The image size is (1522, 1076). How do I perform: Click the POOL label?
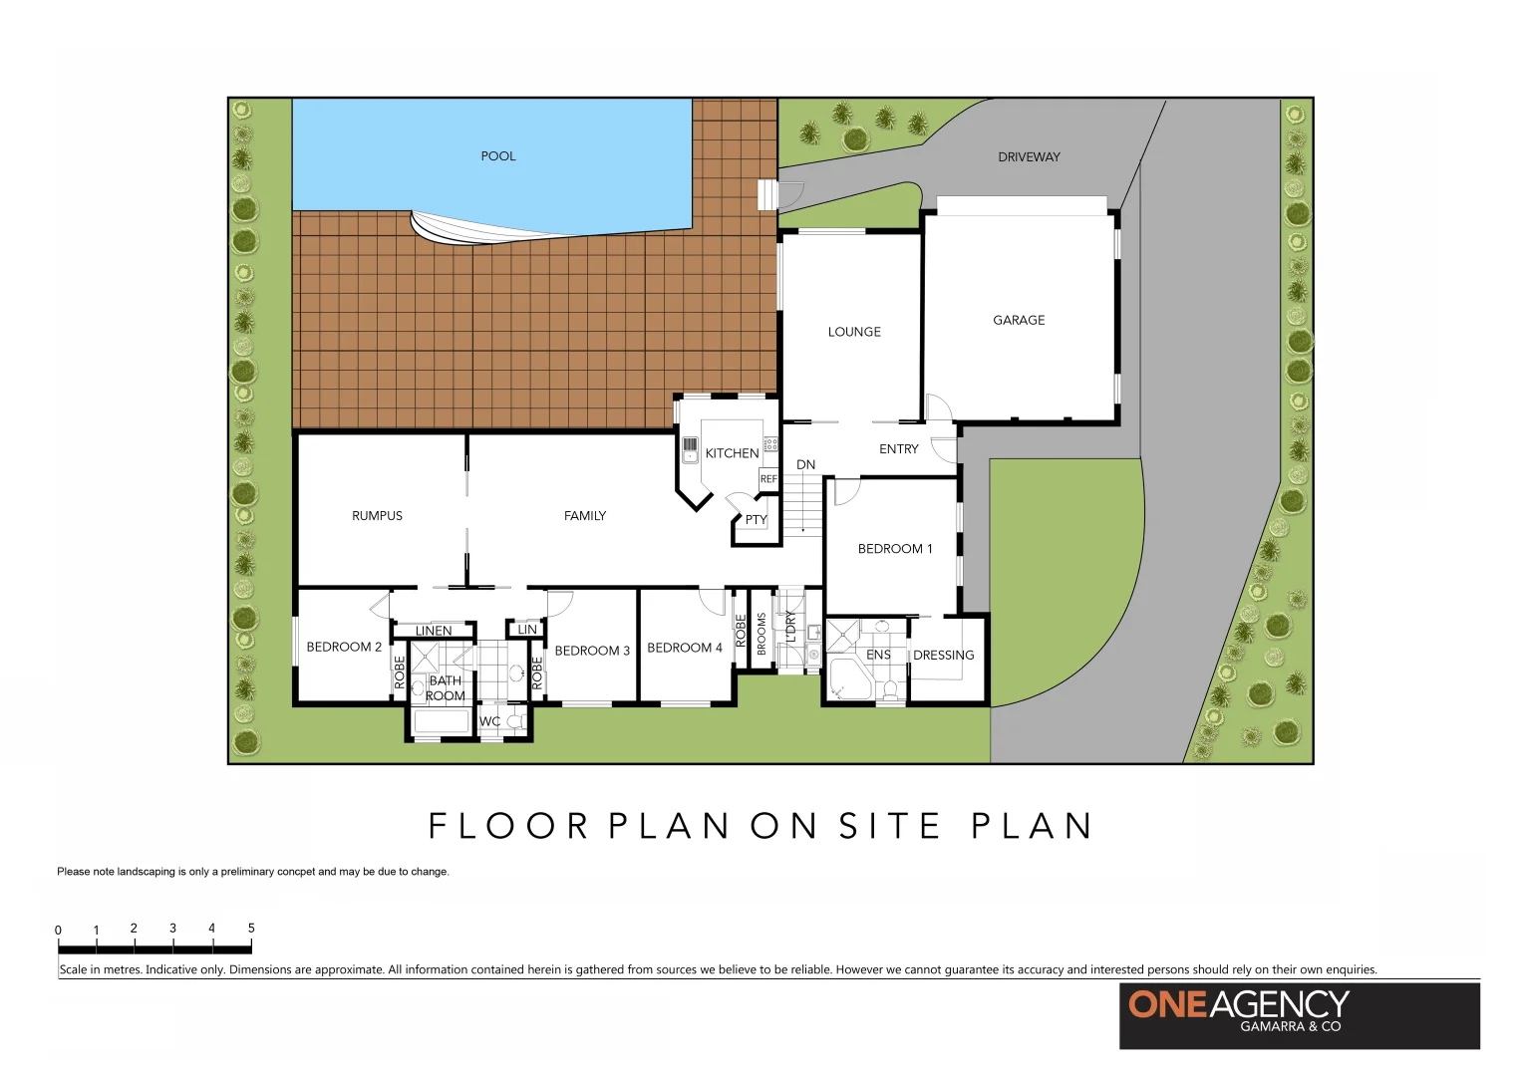click(498, 156)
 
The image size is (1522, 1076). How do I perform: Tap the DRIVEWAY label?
click(1029, 157)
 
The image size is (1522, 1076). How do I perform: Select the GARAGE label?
click(1019, 321)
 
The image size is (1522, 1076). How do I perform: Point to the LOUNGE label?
click(854, 333)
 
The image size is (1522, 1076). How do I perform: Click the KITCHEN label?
click(732, 453)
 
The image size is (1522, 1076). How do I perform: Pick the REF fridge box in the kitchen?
click(768, 479)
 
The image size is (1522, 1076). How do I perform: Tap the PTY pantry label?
click(756, 520)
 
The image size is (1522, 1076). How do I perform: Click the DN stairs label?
click(805, 465)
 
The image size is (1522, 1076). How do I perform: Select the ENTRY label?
click(898, 449)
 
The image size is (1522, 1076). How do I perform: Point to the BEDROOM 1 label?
click(895, 549)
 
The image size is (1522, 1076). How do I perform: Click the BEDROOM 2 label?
click(344, 648)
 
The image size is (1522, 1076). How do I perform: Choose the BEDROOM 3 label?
click(592, 652)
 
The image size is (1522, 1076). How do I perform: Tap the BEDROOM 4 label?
click(685, 649)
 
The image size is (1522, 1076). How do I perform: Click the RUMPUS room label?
click(377, 516)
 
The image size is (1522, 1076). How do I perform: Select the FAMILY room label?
click(585, 516)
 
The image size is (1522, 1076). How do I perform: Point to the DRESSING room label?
click(943, 656)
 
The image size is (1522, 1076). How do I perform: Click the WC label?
click(490, 722)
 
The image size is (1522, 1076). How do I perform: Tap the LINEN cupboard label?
click(434, 632)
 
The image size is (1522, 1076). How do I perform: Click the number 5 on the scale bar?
click(251, 929)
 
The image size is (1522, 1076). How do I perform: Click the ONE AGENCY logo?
click(1299, 1015)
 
